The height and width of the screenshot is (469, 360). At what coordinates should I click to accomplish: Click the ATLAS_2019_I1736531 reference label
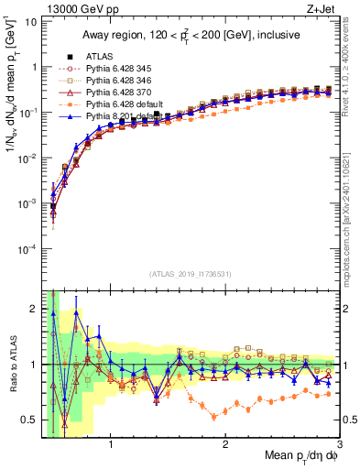(191, 274)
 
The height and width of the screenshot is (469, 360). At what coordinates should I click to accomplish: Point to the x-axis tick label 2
(225, 444)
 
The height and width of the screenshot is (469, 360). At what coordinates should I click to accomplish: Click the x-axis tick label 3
(339, 444)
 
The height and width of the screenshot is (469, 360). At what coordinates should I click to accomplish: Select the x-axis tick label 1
(111, 444)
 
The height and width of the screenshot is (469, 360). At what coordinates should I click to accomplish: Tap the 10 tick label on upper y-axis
(30, 21)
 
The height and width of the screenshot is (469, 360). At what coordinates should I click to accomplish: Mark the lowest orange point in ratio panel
(214, 418)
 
